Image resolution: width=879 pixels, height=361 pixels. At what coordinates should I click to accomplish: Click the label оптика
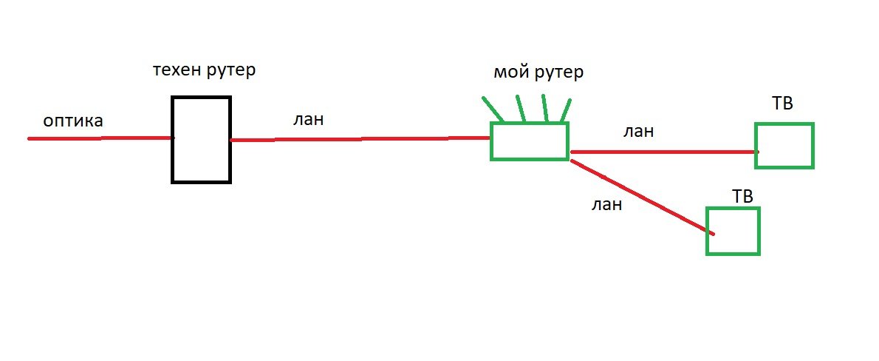73,121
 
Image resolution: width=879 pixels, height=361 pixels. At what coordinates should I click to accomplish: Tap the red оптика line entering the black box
101,138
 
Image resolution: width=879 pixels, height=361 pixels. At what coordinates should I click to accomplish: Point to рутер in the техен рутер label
231,71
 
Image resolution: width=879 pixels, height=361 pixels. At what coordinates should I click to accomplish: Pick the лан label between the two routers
308,120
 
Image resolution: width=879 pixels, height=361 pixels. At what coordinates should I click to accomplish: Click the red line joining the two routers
360,138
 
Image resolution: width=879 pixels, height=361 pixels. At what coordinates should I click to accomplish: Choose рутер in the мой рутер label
559,73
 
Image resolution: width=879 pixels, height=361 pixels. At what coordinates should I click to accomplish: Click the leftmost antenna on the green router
493,109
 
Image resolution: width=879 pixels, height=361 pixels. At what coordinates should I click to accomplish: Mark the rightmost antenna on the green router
566,110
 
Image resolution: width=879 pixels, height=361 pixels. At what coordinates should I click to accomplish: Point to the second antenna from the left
521,108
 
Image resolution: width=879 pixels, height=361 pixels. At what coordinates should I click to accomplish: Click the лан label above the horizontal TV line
638,132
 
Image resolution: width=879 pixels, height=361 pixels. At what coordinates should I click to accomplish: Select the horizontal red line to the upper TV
664,152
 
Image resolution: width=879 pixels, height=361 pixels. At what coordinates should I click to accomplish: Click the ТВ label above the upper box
782,104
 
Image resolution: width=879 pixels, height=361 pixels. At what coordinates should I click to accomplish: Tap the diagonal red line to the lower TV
643,197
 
